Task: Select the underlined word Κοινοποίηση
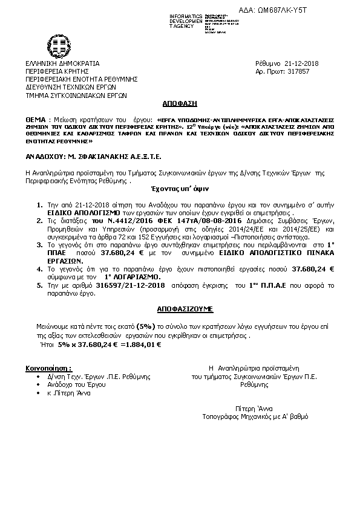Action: pos(45,368)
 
